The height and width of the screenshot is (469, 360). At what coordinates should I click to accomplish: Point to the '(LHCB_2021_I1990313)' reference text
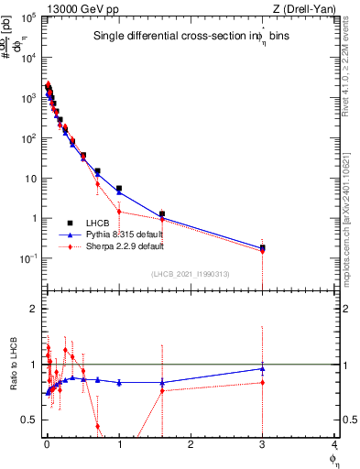pyautogui.click(x=191, y=274)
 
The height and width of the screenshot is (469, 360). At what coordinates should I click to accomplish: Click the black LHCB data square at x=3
pyautogui.click(x=263, y=247)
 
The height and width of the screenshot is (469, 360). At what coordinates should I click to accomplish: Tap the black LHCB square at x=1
pyautogui.click(x=119, y=189)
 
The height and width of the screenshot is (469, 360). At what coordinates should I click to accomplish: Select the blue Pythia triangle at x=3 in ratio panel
pyautogui.click(x=263, y=369)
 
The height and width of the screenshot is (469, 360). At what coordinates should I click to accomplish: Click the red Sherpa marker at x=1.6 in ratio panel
pyautogui.click(x=162, y=390)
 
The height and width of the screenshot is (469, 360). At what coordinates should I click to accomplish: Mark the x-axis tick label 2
pyautogui.click(x=191, y=444)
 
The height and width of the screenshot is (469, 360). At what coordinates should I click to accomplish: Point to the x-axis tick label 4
pyautogui.click(x=334, y=444)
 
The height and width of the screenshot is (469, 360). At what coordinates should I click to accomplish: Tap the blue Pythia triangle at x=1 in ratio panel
pyautogui.click(x=119, y=382)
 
